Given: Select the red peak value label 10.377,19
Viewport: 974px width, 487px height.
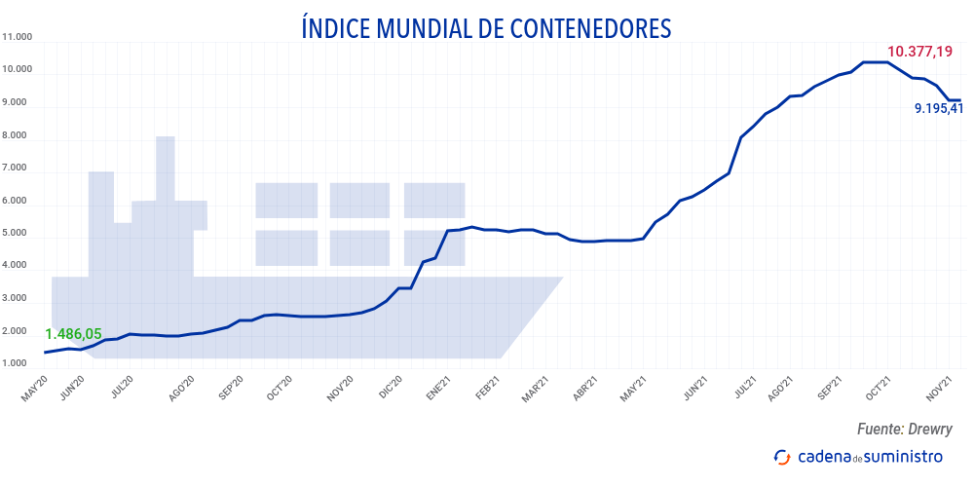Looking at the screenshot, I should click(x=919, y=51).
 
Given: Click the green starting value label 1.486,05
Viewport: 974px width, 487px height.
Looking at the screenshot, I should click(x=73, y=333).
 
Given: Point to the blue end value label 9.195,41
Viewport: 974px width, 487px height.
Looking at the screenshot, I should click(x=939, y=109).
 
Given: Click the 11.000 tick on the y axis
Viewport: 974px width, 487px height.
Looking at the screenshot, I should click(x=19, y=37).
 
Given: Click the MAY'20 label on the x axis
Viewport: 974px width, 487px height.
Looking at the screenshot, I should click(x=34, y=387).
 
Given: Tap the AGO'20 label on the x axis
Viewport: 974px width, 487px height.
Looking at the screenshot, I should click(x=184, y=387).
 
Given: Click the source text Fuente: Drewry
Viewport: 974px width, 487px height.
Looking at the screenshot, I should click(x=904, y=429).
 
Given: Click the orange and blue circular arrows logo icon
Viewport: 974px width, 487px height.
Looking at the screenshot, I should click(x=782, y=456).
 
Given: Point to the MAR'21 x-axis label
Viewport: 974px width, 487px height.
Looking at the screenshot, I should click(x=538, y=387).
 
